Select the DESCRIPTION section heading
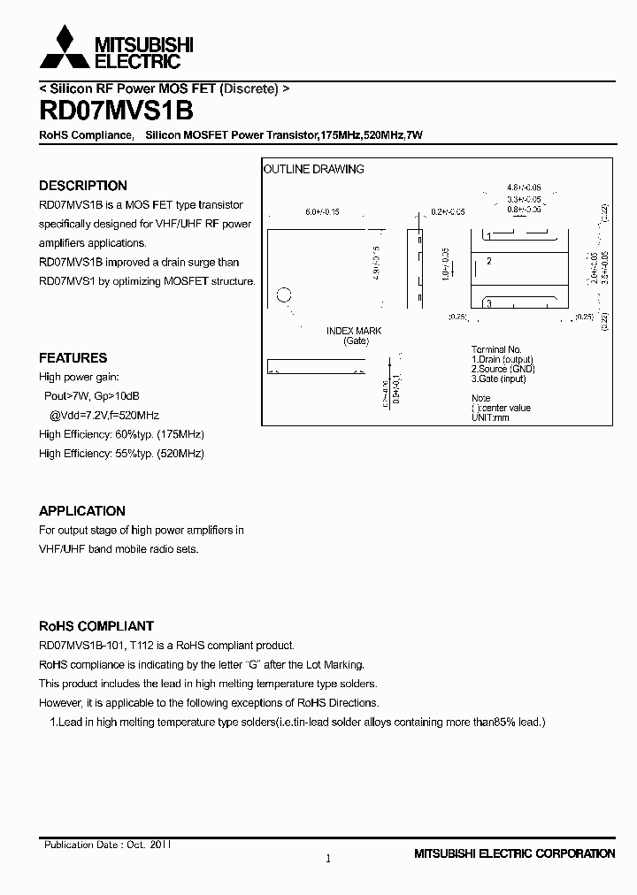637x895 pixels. pos(83,186)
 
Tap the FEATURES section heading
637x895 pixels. pos(73,358)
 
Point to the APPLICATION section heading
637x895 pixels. pos(82,511)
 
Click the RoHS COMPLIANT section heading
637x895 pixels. pos(96,626)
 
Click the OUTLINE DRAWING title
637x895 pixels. pos(314,169)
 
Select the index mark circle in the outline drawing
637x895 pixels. pos(283,295)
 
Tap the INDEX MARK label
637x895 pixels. pos(354,331)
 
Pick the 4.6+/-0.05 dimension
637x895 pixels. pos(524,188)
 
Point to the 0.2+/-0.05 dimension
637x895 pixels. pos(448,212)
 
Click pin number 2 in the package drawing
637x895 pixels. pos(488,261)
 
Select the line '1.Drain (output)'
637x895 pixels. pos(503,360)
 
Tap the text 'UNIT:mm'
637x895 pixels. pos(490,417)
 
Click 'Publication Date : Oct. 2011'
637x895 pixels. pos(107,845)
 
